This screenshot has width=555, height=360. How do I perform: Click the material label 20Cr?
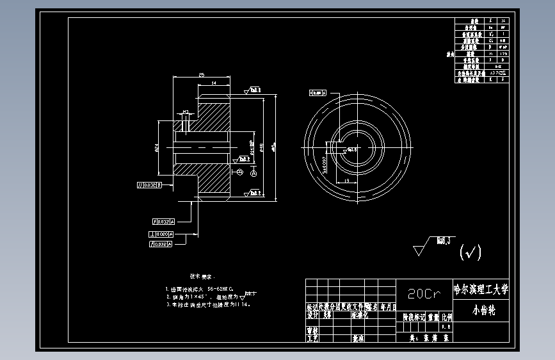pyautogui.click(x=424, y=294)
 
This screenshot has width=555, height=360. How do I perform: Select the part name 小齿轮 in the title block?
pyautogui.click(x=479, y=310)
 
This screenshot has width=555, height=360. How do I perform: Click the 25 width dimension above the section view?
pyautogui.click(x=202, y=75)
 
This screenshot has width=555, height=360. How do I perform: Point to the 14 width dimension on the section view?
pyautogui.click(x=213, y=83)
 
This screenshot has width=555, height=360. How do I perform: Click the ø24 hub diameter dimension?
pyautogui.click(x=157, y=148)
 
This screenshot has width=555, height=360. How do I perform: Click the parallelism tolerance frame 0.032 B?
pyautogui.click(x=149, y=186)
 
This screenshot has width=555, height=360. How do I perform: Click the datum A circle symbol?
pyautogui.click(x=253, y=173)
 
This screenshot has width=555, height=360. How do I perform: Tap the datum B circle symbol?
pyautogui.click(x=239, y=172)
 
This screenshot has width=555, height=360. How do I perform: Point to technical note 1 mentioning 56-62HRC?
pyautogui.click(x=199, y=290)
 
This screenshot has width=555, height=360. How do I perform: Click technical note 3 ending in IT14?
pyautogui.click(x=207, y=305)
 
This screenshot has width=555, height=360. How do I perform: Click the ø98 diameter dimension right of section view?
pyautogui.click(x=263, y=147)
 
